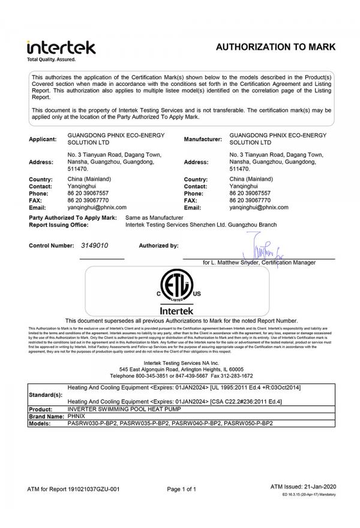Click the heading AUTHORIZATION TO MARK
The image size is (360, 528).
point(275,47)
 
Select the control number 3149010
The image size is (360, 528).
point(95,246)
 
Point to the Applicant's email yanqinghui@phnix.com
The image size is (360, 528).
point(94,207)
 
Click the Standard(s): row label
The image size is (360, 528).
point(45,395)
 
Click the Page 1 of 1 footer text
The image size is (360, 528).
point(181,490)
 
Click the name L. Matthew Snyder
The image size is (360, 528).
point(236,263)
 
